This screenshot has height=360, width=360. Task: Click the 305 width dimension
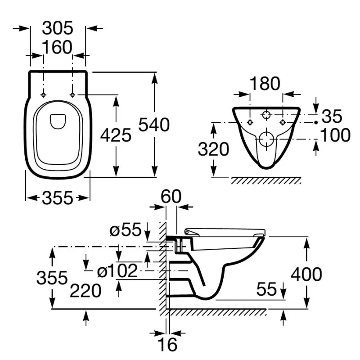(x=57, y=28)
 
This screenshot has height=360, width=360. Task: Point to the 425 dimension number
(x=116, y=135)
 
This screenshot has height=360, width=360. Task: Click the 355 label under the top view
(x=57, y=198)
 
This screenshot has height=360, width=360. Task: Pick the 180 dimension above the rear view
(x=265, y=84)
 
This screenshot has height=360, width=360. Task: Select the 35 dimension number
(x=333, y=117)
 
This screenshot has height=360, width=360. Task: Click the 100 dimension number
(x=335, y=135)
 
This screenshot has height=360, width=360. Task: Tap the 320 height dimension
(x=214, y=149)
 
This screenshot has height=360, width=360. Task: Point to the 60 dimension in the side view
(x=171, y=197)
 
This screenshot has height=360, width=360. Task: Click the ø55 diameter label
(x=126, y=231)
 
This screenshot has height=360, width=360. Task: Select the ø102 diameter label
(x=117, y=271)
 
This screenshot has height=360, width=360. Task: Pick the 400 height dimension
(x=306, y=274)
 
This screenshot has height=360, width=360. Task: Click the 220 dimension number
(x=85, y=292)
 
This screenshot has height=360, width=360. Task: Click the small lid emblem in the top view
(x=57, y=121)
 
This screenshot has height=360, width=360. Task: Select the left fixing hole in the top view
(x=43, y=95)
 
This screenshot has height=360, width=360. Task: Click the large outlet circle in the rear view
(x=266, y=139)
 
